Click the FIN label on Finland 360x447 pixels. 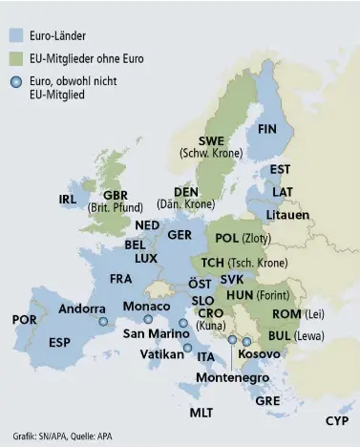267,128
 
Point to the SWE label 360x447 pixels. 211,141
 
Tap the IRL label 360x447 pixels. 67,200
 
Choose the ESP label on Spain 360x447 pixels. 59,342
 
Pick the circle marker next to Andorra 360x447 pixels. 103,323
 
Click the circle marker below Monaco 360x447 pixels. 148,319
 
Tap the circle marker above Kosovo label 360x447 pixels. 247,341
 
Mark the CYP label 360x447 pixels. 336,420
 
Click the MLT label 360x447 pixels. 201,413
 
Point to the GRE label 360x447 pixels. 267,401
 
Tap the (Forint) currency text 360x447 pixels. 272,294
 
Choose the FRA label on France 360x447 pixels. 120,279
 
